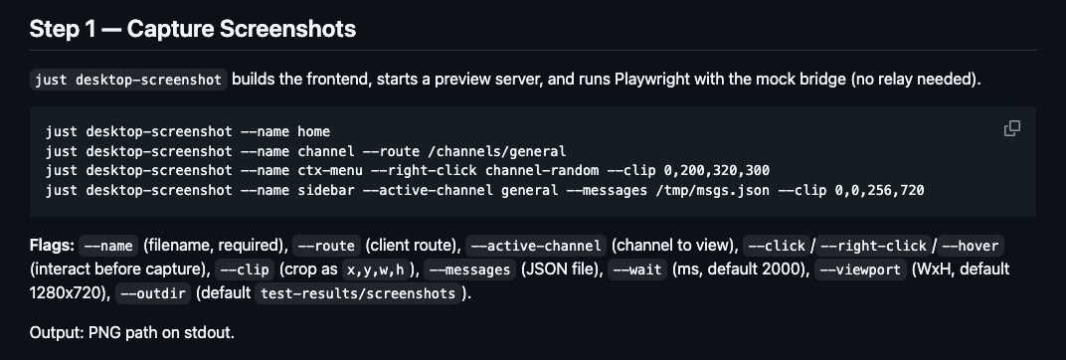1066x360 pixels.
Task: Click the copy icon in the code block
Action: tap(1012, 128)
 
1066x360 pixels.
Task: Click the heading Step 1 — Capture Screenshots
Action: tap(193, 29)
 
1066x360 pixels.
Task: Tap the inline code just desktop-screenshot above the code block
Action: tap(128, 80)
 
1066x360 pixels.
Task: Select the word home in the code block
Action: tap(313, 131)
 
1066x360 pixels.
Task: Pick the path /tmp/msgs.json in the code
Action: tap(712, 190)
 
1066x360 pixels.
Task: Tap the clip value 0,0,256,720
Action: tap(880, 190)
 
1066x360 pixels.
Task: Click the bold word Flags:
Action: tap(53, 245)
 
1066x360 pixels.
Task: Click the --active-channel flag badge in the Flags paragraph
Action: tap(536, 246)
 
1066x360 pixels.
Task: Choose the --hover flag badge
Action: tap(971, 246)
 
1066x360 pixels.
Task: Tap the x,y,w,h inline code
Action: tap(375, 270)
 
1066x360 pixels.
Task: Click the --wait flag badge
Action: tap(637, 270)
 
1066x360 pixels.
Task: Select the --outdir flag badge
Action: tap(153, 293)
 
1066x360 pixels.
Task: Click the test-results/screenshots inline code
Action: tap(358, 293)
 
